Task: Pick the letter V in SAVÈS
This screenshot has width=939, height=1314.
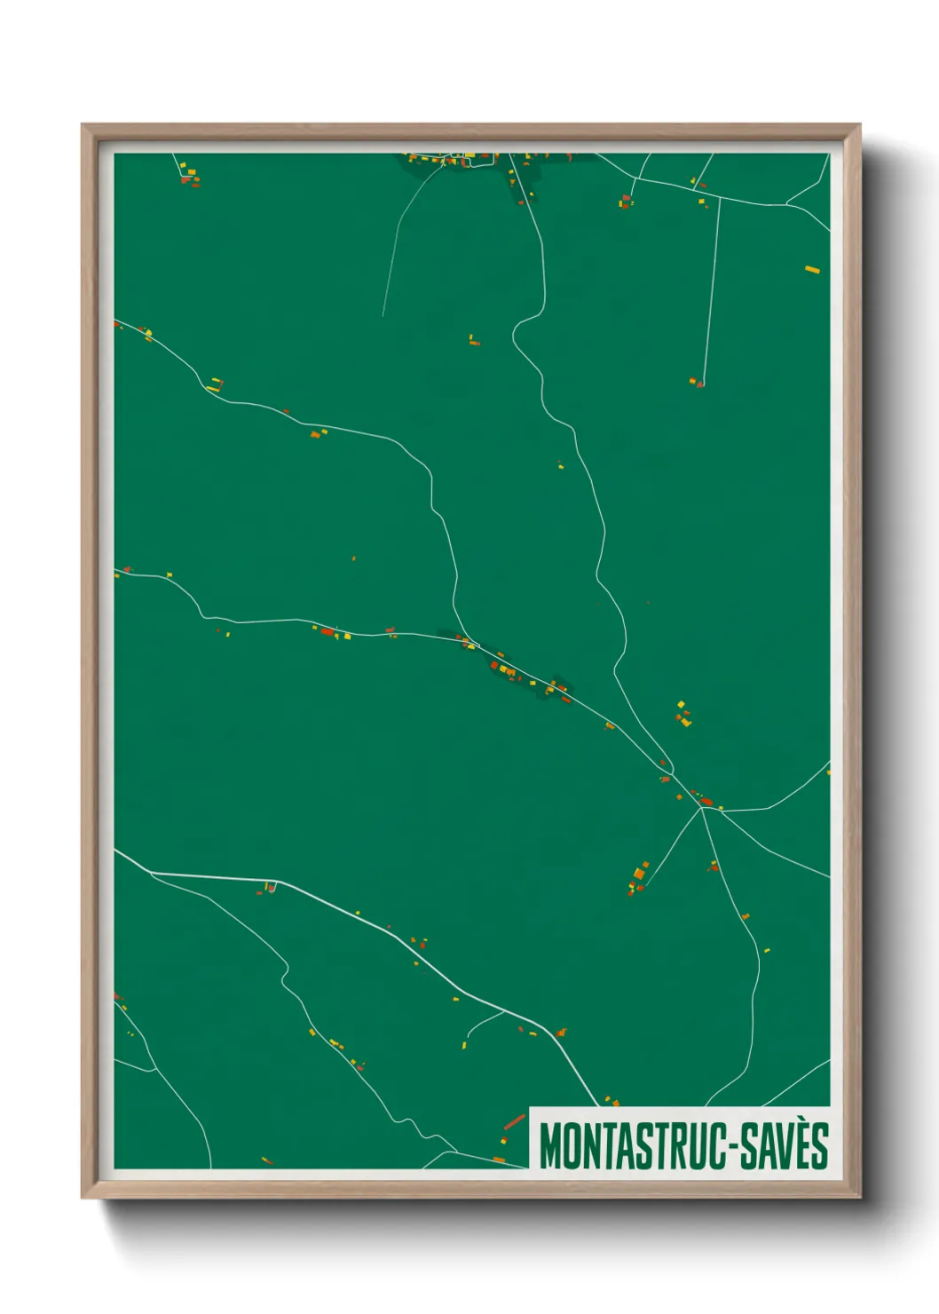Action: tap(783, 1146)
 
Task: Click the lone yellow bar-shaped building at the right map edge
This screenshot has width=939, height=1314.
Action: tap(811, 269)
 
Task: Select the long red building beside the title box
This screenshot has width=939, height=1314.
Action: tap(514, 1122)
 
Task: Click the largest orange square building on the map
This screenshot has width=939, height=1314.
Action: tap(639, 874)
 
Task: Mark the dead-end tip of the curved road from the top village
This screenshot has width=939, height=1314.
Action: tap(383, 315)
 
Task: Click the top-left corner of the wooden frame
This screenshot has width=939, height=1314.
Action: tap(82, 125)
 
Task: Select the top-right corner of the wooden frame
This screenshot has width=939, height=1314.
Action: tap(860, 125)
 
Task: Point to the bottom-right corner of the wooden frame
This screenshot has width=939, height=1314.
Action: tap(860, 1198)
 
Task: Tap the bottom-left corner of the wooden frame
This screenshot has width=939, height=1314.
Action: tap(82, 1198)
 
